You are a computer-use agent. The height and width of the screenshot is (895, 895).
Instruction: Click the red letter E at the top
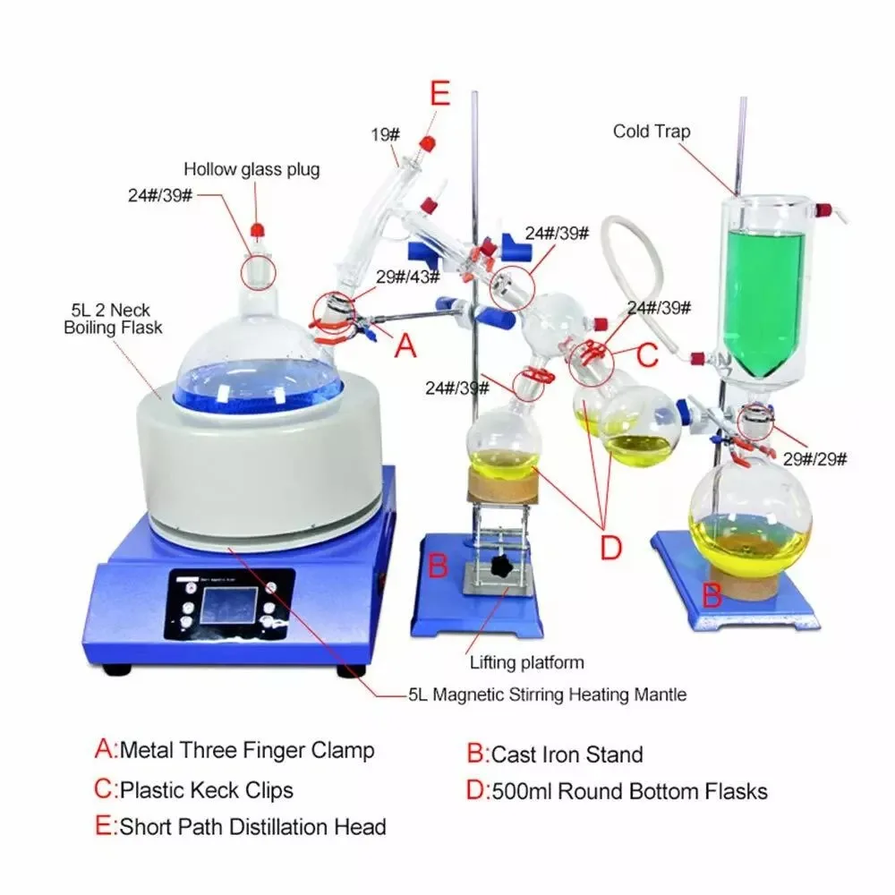(439, 94)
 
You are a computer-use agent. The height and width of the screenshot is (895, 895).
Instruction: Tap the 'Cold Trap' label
(652, 132)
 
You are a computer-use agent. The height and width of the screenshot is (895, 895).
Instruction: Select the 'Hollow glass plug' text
(251, 168)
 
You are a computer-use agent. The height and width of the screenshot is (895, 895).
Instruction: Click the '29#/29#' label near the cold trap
(815, 459)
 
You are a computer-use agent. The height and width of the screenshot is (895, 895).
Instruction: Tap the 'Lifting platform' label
(526, 663)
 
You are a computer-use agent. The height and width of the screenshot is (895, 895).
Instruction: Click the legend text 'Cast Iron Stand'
(567, 754)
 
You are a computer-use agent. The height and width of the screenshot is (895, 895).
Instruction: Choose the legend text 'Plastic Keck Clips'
(206, 790)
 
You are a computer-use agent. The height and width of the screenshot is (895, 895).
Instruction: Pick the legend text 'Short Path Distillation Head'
(252, 826)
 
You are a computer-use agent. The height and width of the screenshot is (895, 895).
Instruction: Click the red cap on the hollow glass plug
(258, 230)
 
